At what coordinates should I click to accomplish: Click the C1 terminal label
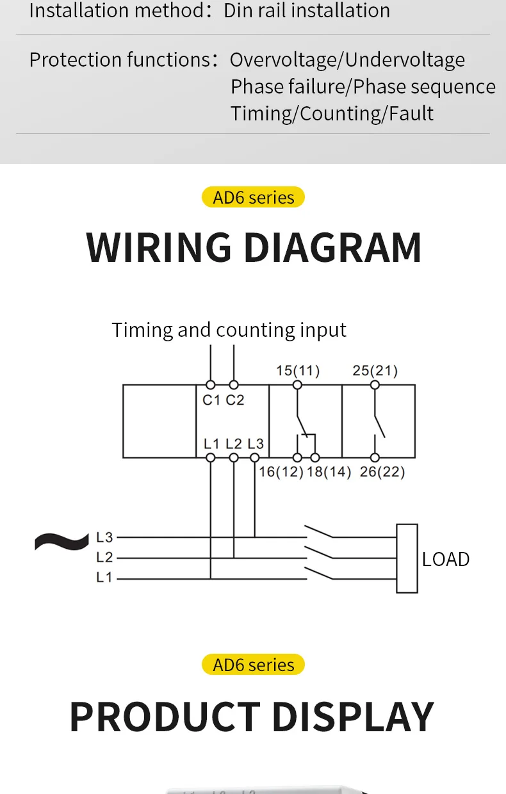point(211,400)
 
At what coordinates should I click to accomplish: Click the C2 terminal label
point(234,400)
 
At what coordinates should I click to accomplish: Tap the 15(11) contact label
point(298,371)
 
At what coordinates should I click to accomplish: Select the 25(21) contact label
point(375,371)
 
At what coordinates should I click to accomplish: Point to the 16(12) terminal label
point(281,472)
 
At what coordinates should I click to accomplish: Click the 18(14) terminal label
point(329,472)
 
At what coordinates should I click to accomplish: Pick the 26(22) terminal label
point(382,472)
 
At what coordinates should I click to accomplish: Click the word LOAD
point(446,560)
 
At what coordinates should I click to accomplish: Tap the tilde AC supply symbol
point(61,542)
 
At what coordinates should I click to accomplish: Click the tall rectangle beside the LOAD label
point(407,558)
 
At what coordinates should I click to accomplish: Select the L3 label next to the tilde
point(104,538)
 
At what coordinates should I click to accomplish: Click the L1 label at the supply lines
point(104,578)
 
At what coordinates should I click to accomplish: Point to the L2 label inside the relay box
point(234,444)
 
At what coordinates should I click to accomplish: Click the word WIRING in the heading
point(158,247)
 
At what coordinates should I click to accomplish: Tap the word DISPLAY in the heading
point(353,717)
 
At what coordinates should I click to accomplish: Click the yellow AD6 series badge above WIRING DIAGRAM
point(253,197)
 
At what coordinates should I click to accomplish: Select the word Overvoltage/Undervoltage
point(347,60)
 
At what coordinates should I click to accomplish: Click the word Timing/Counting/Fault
point(332,114)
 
